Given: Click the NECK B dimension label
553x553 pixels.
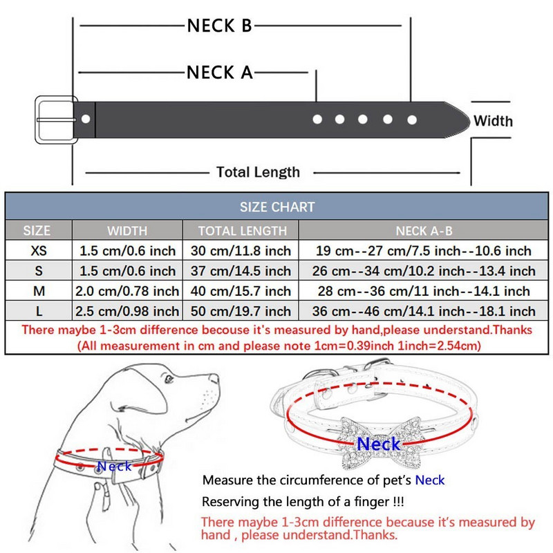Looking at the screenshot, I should pyautogui.click(x=220, y=26).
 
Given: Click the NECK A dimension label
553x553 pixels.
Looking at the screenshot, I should pyautogui.click(x=220, y=72).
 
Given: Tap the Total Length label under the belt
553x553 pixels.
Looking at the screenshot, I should pyautogui.click(x=258, y=172).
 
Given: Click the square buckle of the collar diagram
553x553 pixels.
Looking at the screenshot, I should pyautogui.click(x=55, y=119).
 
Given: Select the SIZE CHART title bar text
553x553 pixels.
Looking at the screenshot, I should pyautogui.click(x=277, y=207).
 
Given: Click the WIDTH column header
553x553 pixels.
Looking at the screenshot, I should pyautogui.click(x=127, y=230).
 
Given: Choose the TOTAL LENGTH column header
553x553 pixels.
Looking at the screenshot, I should pyautogui.click(x=241, y=230).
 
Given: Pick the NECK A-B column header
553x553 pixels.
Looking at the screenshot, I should pyautogui.click(x=424, y=230).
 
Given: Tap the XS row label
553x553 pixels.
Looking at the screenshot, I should pyautogui.click(x=40, y=251).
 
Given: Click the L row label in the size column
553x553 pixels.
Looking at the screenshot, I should pyautogui.click(x=40, y=311).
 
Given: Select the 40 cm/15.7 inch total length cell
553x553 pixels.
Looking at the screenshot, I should pyautogui.click(x=241, y=291).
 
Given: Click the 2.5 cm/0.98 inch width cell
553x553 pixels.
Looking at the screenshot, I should pyautogui.click(x=127, y=311).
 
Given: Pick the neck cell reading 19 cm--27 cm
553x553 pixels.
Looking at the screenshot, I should pyautogui.click(x=424, y=251).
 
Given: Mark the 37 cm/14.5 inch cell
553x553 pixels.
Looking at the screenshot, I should pyautogui.click(x=241, y=271).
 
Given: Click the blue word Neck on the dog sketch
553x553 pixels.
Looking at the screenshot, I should pyautogui.click(x=114, y=467).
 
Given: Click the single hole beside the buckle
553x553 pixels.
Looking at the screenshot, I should pyautogui.click(x=86, y=119).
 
